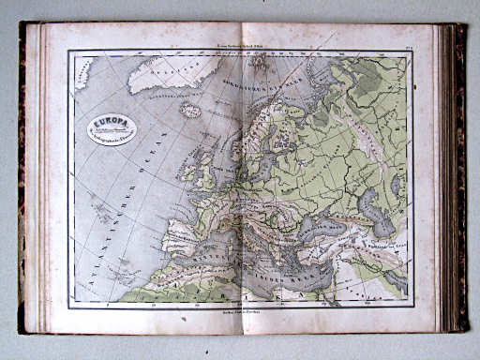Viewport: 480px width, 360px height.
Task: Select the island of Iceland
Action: [191, 110]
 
